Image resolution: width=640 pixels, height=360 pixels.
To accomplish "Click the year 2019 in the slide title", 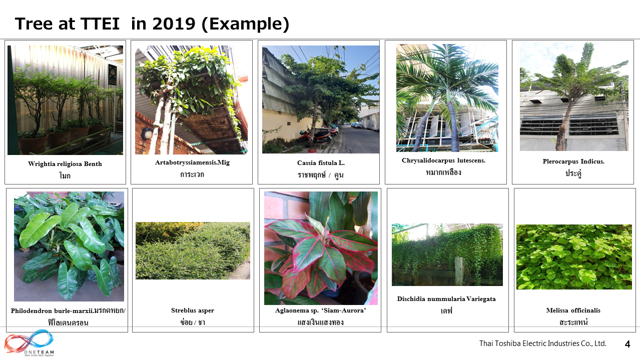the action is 174,23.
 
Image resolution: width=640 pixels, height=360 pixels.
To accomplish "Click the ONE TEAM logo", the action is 29,343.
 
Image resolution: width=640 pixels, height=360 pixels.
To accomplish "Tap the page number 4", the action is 627,344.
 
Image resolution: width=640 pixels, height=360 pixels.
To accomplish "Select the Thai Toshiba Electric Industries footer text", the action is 542,343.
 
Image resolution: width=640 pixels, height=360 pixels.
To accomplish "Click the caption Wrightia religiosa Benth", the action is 65,164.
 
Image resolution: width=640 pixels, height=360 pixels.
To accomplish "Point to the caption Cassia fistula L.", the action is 321,163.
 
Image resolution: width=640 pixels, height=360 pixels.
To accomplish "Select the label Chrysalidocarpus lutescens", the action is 443,160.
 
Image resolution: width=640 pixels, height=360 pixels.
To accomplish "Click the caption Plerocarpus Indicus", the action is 573,161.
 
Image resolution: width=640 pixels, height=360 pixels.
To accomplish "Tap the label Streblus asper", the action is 193,310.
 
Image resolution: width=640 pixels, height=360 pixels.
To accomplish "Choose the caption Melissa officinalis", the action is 573,310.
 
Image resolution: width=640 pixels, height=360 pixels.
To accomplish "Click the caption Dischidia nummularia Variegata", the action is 446,299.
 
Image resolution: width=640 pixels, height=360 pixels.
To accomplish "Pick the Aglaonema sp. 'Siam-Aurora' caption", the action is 321,310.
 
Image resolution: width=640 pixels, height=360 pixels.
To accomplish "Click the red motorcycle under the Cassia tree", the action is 315,137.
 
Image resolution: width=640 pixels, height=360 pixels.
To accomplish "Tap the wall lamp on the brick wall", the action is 147,133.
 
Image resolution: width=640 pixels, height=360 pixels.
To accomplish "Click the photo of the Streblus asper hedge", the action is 193,250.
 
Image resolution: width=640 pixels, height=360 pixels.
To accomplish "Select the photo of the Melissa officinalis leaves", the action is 574,257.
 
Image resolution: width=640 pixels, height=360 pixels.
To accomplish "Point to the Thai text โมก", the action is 65,175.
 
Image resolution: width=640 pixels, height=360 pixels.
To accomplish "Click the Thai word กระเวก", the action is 192,174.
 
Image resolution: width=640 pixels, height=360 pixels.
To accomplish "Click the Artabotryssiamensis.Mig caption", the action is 192,162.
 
